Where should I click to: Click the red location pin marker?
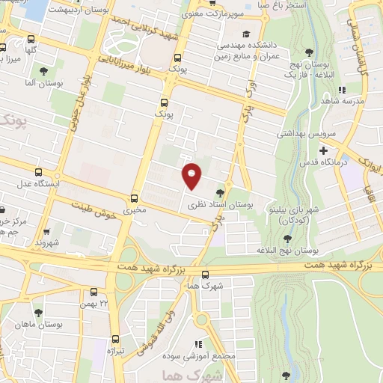point(192,175)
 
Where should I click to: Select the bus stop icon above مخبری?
point(135,198)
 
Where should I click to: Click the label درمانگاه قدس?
point(323,162)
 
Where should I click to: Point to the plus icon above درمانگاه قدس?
point(323,151)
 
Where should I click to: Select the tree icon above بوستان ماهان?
point(38,313)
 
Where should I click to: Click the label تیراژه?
point(114,350)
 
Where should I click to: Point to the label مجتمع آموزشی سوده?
point(212,355)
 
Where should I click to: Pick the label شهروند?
point(46,243)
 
